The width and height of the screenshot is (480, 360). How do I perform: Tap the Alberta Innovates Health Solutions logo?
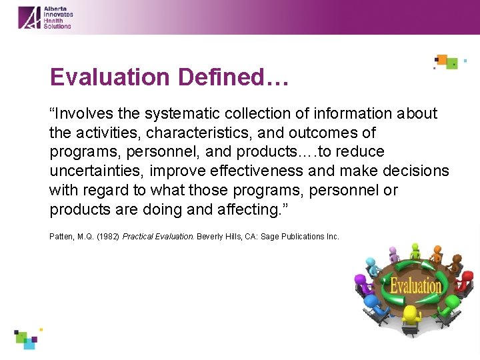point(45,17)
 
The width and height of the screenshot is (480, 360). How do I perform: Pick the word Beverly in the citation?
point(209,237)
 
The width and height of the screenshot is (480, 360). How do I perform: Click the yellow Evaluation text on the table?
point(415,286)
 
